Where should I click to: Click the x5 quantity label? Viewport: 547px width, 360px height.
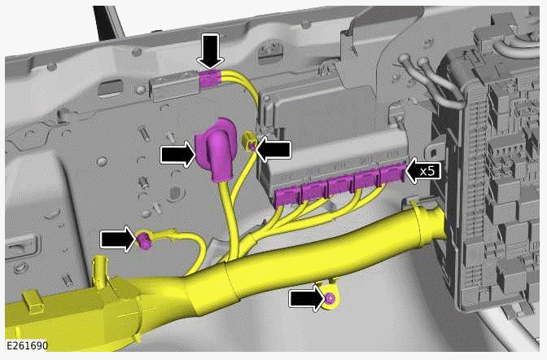point(427,170)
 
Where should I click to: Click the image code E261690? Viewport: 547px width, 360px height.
point(25,346)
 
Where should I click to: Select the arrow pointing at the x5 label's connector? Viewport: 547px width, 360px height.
point(422,170)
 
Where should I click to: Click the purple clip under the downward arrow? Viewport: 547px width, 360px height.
point(210,79)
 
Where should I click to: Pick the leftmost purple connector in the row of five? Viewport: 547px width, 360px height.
point(287,195)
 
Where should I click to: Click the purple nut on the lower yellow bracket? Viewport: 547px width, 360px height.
point(330,299)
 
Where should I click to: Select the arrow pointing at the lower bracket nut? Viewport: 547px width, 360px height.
point(307,299)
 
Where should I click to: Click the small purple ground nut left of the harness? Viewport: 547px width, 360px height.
point(144,239)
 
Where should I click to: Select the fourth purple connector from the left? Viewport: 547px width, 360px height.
point(367,179)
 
